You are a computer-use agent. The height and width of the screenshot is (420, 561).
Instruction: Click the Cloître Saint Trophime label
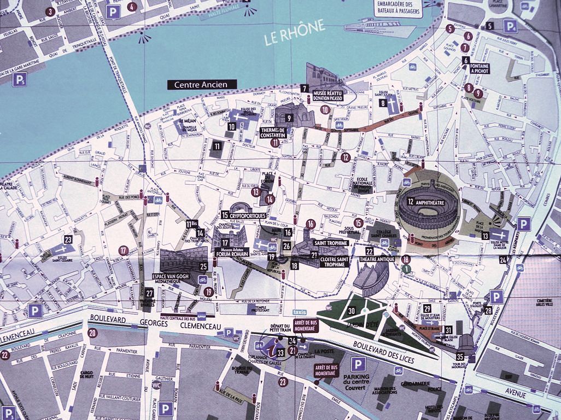pos(328,261)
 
